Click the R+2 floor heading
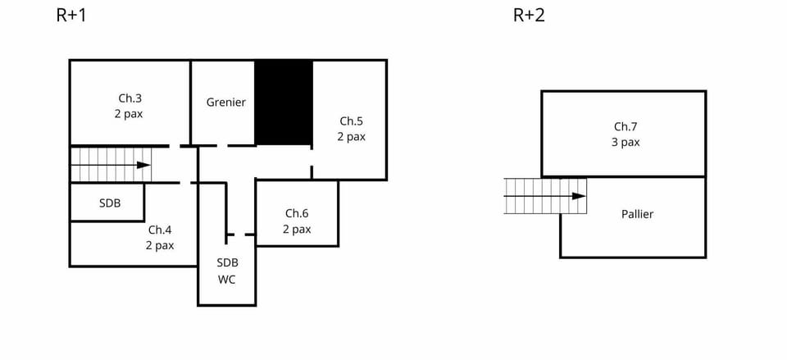(x=529, y=16)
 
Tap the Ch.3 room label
(x=130, y=98)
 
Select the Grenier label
(x=226, y=103)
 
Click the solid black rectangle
(x=284, y=103)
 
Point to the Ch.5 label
(x=351, y=121)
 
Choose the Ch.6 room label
(x=297, y=213)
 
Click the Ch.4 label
(x=160, y=230)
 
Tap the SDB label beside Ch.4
(x=110, y=203)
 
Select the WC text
(x=226, y=279)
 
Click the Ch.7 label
(x=626, y=126)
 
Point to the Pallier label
(x=638, y=214)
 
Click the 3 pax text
(x=626, y=142)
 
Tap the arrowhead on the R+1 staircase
(x=143, y=165)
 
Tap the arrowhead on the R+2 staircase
(x=579, y=196)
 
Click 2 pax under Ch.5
(x=351, y=137)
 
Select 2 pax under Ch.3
(x=129, y=114)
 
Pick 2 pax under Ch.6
(x=297, y=230)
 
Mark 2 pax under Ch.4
(x=160, y=245)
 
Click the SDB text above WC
(x=227, y=262)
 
